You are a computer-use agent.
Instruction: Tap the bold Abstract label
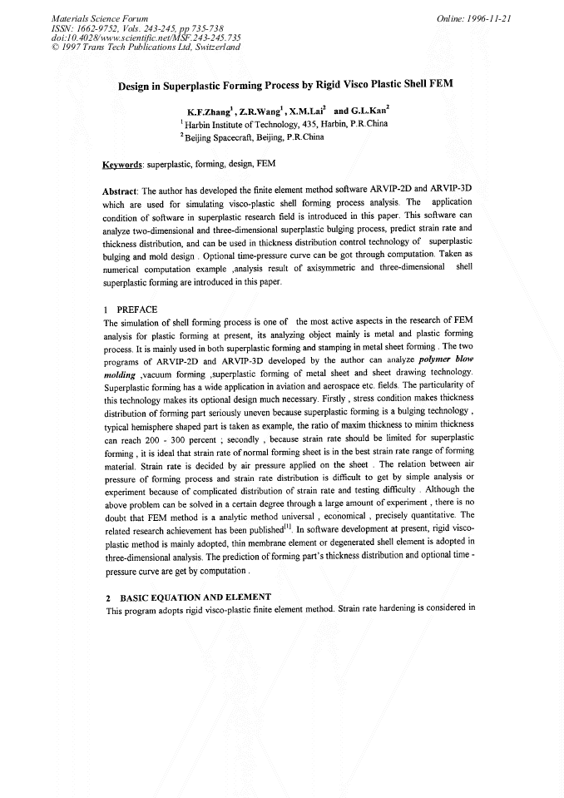click(121, 191)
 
